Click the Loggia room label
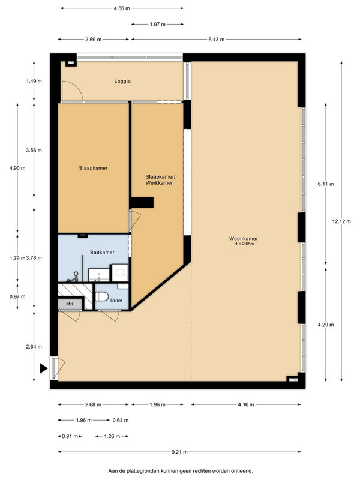pyautogui.click(x=122, y=81)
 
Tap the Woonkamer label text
pyautogui.click(x=244, y=238)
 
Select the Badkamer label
pyautogui.click(x=102, y=252)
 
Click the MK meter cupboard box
pyautogui.click(x=70, y=304)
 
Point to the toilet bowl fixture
pyautogui.click(x=102, y=296)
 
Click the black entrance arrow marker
pyautogui.click(x=43, y=368)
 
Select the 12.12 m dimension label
pyautogui.click(x=341, y=221)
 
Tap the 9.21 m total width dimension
pyautogui.click(x=179, y=452)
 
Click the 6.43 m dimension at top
pyautogui.click(x=217, y=40)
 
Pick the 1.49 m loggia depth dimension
pyautogui.click(x=34, y=81)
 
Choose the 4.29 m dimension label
pyautogui.click(x=326, y=325)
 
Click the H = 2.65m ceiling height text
pyautogui.click(x=244, y=244)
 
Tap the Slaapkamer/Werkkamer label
pyautogui.click(x=159, y=180)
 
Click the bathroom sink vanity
pyautogui.click(x=99, y=275)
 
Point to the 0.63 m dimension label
pyautogui.click(x=121, y=421)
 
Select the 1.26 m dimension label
pyautogui.click(x=112, y=436)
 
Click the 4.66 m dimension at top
pyautogui.click(x=122, y=8)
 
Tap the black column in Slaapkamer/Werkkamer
pyautogui.click(x=142, y=203)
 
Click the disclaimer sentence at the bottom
pyautogui.click(x=181, y=471)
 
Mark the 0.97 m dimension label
pyautogui.click(x=17, y=296)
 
